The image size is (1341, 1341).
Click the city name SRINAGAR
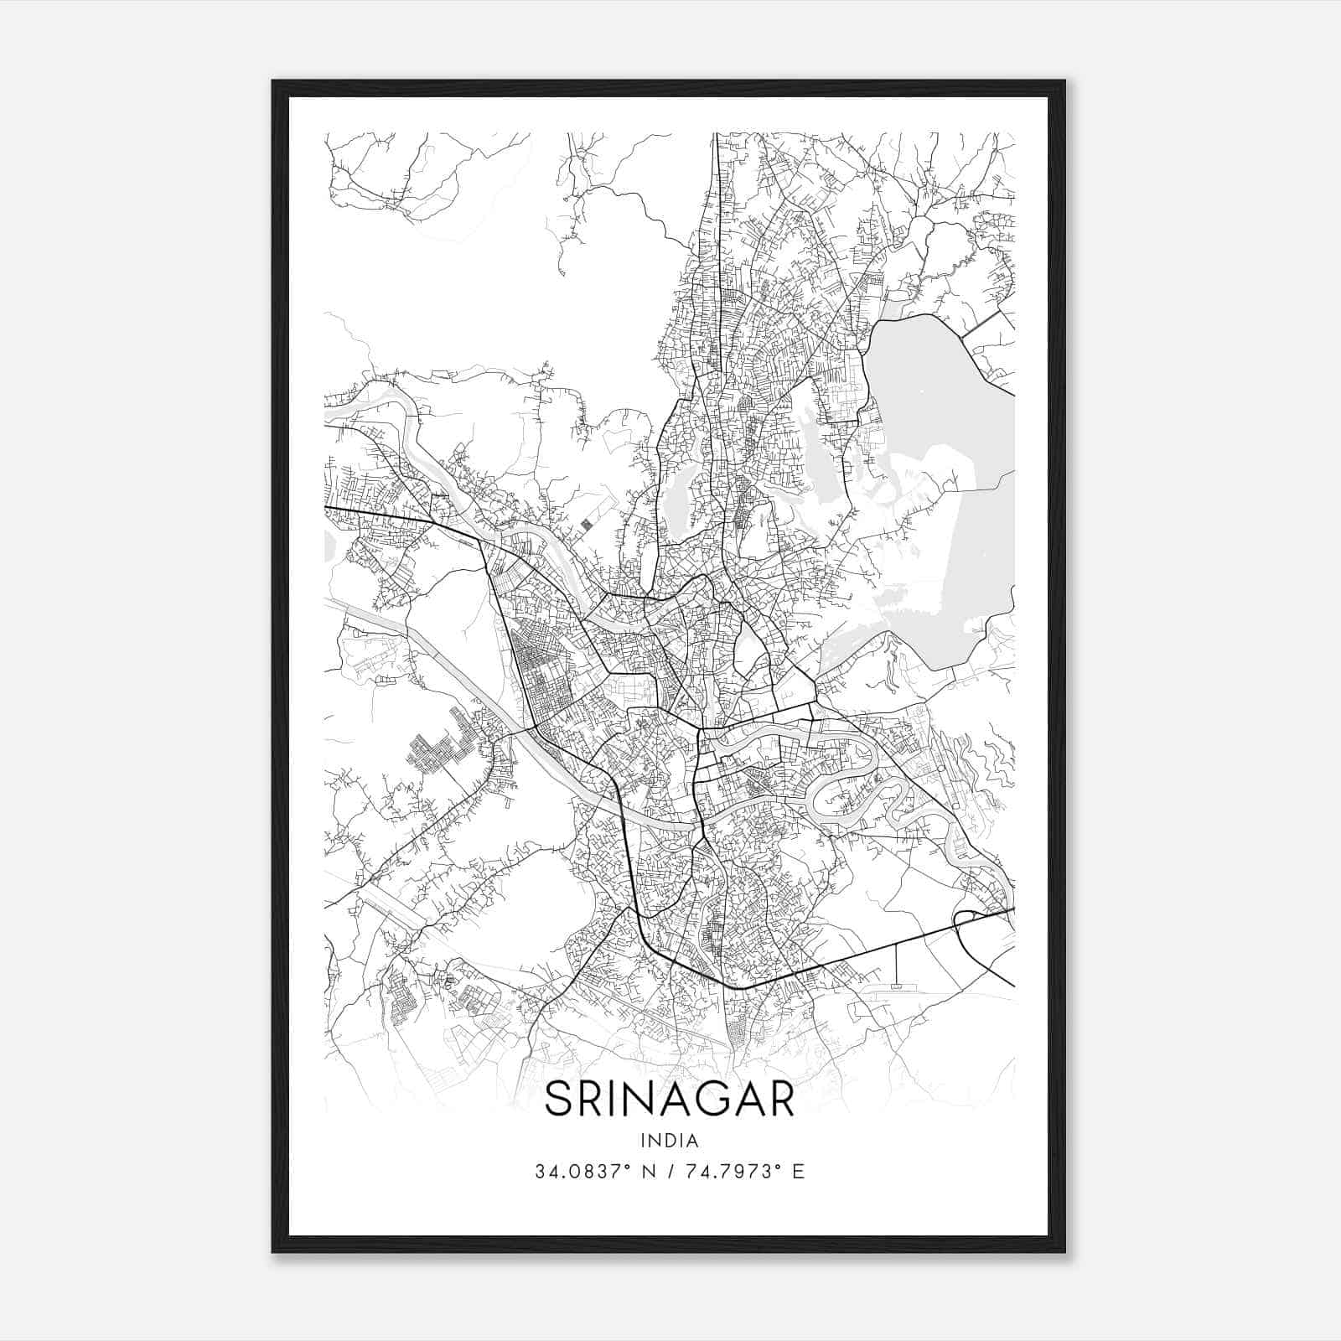[670, 1100]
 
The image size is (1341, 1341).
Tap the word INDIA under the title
[670, 1140]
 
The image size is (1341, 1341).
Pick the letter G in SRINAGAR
[705, 1100]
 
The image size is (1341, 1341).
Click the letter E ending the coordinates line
[799, 1172]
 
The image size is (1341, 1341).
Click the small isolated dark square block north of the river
[586, 525]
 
